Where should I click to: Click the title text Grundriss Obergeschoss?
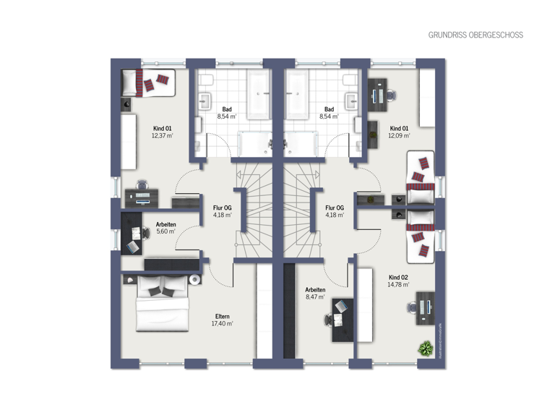pyautogui.click(x=476, y=35)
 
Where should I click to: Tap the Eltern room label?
pyautogui.click(x=223, y=315)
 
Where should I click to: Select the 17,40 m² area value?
pyautogui.click(x=223, y=323)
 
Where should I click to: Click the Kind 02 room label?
pyautogui.click(x=399, y=277)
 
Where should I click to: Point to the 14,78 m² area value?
pyautogui.click(x=399, y=285)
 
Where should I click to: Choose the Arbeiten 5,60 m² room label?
pyautogui.click(x=165, y=224)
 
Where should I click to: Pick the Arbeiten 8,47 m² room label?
pyautogui.click(x=315, y=289)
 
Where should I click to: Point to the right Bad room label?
pyautogui.click(x=329, y=108)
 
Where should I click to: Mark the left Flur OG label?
pyautogui.click(x=223, y=207)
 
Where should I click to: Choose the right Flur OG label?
pyautogui.click(x=335, y=207)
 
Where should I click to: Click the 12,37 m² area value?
pyautogui.click(x=162, y=135)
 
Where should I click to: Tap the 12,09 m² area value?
pyautogui.click(x=399, y=135)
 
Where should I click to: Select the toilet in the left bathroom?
pyautogui.click(x=206, y=78)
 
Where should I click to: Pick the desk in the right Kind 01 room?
pyautogui.click(x=377, y=93)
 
